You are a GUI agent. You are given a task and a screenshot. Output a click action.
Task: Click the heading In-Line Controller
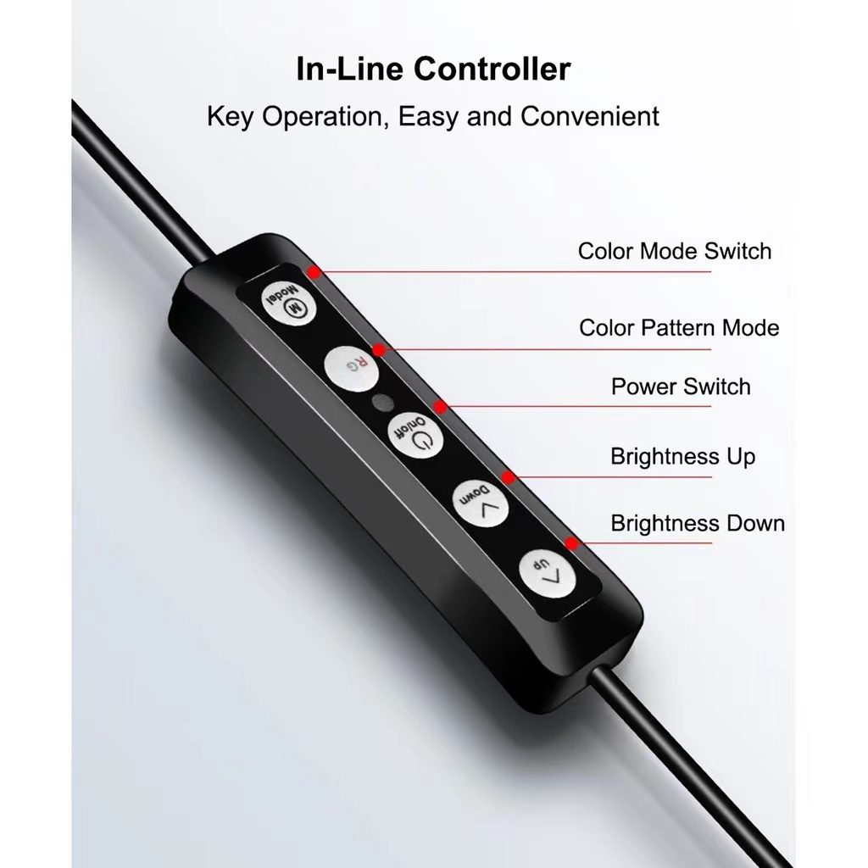433,69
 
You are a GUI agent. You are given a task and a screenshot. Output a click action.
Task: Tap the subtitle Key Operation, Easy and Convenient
433,116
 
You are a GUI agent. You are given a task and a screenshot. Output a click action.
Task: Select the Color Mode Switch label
675,251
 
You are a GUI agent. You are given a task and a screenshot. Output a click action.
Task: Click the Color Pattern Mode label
679,327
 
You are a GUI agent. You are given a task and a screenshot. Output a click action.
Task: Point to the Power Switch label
681,387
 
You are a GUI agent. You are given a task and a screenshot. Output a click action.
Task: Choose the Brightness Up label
682,457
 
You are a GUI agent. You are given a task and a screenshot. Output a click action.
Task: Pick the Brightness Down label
698,523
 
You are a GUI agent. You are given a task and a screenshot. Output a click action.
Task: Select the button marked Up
545,576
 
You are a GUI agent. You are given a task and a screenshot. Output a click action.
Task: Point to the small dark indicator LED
383,401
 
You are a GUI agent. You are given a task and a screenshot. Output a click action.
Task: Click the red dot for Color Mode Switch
314,272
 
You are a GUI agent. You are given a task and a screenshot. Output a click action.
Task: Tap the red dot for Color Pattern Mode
379,349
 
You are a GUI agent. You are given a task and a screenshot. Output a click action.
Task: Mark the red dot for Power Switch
440,408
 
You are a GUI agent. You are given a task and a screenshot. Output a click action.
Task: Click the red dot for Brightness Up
507,477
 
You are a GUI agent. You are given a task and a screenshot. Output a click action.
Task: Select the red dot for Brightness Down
572,542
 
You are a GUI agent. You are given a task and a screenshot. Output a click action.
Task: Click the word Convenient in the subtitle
590,116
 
